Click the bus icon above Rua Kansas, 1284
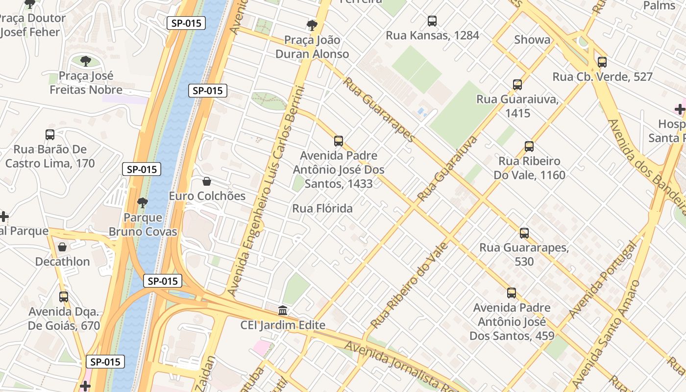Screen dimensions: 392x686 click(x=432, y=21)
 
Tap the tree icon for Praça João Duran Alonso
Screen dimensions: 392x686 click(x=312, y=25)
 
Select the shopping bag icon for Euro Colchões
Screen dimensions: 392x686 click(x=207, y=182)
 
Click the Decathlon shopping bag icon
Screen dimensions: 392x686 click(x=62, y=247)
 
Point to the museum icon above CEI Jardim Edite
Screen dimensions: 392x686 click(x=283, y=311)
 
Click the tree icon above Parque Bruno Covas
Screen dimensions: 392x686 click(x=143, y=202)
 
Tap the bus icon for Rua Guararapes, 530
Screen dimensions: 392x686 click(x=524, y=233)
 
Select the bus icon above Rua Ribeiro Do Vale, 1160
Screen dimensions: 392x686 click(x=529, y=147)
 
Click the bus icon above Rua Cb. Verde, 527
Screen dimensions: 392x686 click(x=602, y=62)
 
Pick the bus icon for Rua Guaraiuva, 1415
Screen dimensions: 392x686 click(x=517, y=85)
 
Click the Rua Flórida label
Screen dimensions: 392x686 click(x=322, y=209)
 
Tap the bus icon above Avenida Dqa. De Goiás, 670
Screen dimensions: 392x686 click(x=64, y=297)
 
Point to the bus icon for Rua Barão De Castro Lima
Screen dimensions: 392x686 click(x=50, y=135)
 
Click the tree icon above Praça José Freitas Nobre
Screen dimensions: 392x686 click(x=86, y=61)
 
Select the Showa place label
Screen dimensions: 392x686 click(x=532, y=40)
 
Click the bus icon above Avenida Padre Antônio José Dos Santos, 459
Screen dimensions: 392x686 click(x=512, y=294)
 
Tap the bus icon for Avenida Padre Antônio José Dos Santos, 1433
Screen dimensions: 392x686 click(x=339, y=141)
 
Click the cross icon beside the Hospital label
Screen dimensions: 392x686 click(x=680, y=109)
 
